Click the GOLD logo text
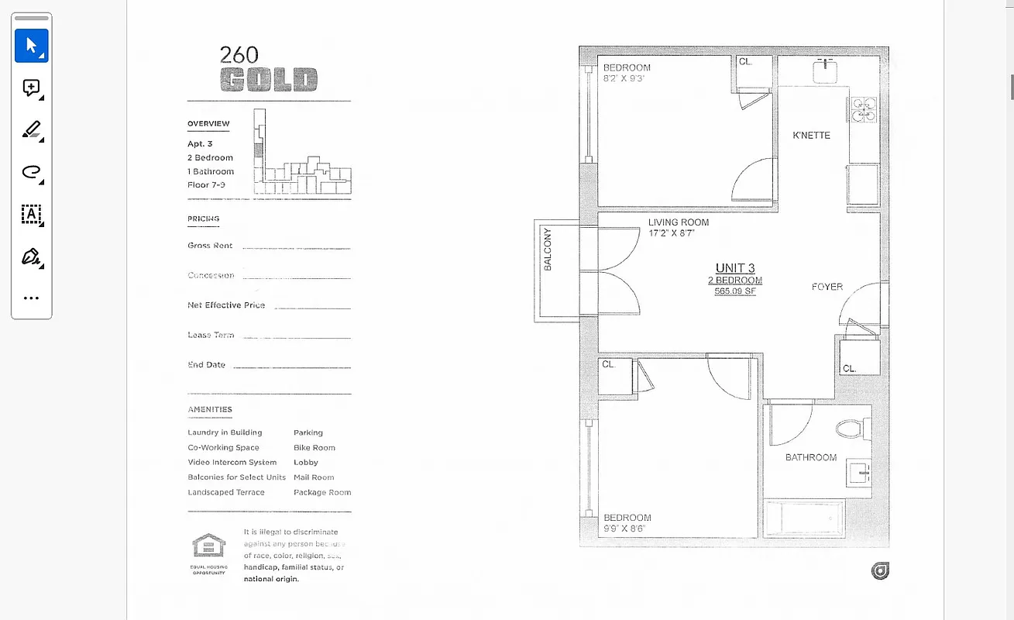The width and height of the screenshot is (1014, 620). pos(269,80)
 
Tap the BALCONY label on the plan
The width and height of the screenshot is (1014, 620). pos(548,250)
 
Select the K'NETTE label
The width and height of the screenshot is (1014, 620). pos(811,136)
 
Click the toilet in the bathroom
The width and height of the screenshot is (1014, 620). pos(850,428)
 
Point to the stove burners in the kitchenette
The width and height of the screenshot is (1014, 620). pos(864,109)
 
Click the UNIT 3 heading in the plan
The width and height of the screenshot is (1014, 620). pos(735,268)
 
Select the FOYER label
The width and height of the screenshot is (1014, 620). pos(827,287)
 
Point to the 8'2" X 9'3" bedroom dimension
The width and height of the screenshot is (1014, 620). pos(624,78)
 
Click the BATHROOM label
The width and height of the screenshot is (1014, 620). pos(811,457)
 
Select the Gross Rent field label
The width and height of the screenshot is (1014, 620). pos(210,246)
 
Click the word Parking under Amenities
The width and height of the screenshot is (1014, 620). pos(308,432)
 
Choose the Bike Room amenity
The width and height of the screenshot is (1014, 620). pos(315,448)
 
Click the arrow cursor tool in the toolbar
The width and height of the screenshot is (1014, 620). pos(32,46)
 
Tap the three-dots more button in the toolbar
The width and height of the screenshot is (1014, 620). pos(31,298)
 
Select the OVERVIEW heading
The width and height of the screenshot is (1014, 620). pos(208,124)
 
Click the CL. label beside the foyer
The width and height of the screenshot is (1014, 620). pos(850,369)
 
